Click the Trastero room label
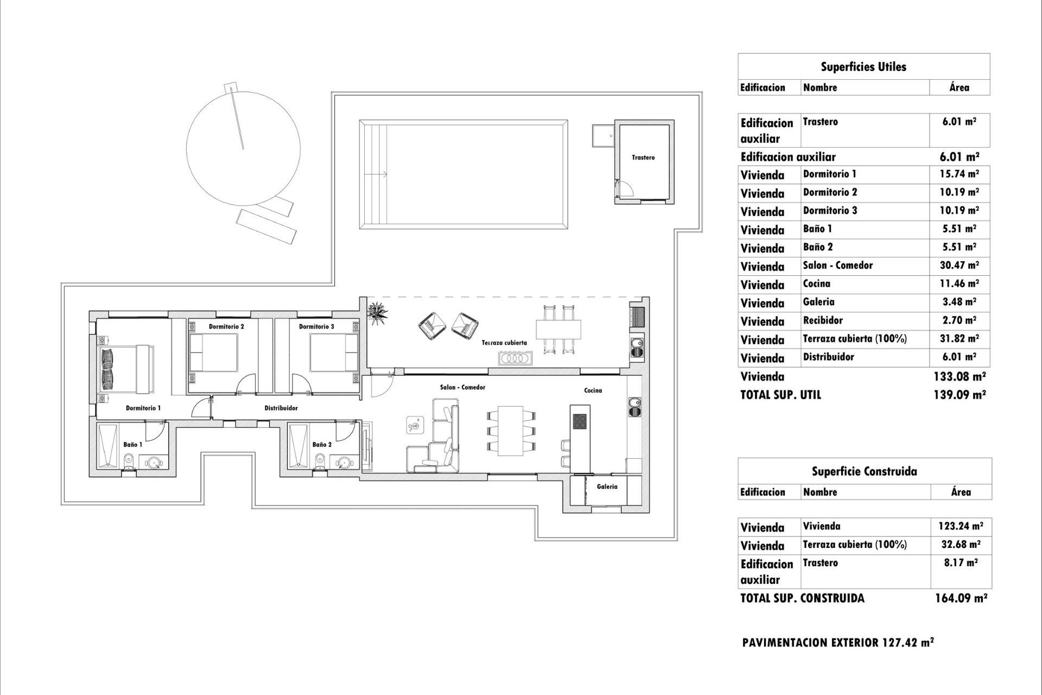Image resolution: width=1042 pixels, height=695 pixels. pyautogui.click(x=643, y=157)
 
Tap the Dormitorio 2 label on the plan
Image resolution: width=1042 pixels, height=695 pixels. pyautogui.click(x=226, y=326)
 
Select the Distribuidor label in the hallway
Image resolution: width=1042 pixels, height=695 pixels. pyautogui.click(x=281, y=408)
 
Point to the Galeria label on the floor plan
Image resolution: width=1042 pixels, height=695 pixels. pyautogui.click(x=607, y=486)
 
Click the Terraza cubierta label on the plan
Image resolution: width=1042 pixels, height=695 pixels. pyautogui.click(x=504, y=343)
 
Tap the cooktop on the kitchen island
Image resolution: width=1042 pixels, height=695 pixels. pyautogui.click(x=580, y=421)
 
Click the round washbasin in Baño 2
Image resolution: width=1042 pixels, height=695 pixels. pyautogui.click(x=343, y=463)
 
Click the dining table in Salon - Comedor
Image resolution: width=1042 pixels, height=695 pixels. pyautogui.click(x=510, y=431)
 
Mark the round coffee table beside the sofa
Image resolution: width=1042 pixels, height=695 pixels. pyautogui.click(x=414, y=425)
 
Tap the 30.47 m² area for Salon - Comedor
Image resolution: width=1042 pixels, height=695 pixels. pyautogui.click(x=959, y=266)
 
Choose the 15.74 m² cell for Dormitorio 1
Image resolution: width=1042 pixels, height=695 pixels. pyautogui.click(x=959, y=174)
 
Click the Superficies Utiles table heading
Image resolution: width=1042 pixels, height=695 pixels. pyautogui.click(x=863, y=67)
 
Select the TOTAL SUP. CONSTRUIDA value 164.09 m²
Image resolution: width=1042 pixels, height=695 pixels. pyautogui.click(x=961, y=598)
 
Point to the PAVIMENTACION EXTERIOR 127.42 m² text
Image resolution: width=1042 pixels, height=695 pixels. pyautogui.click(x=838, y=643)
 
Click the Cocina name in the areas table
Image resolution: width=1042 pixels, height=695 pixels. pyautogui.click(x=816, y=283)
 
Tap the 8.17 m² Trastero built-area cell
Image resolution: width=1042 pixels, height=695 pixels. pyautogui.click(x=961, y=563)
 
